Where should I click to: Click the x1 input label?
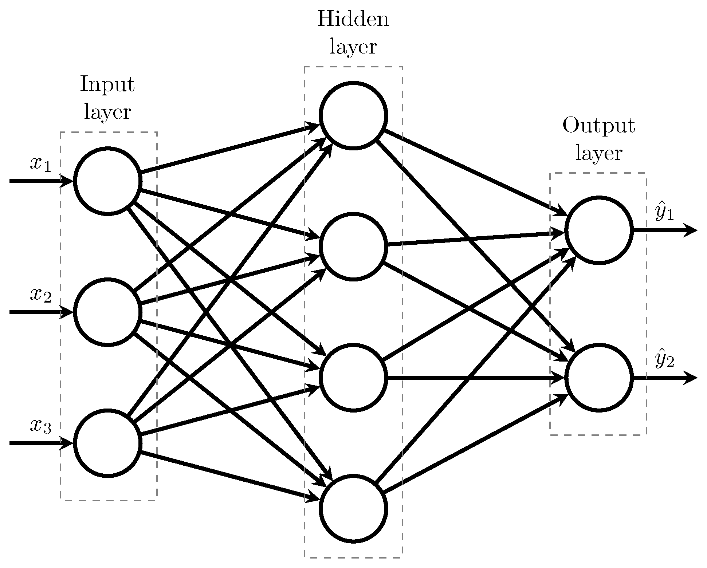tap(40, 165)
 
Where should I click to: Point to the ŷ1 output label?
tap(664, 213)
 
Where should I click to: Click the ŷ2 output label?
tap(664, 360)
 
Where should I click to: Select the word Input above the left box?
tap(107, 84)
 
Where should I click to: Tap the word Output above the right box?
tap(598, 126)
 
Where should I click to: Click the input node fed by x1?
tap(107, 181)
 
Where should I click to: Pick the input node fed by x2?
tap(107, 312)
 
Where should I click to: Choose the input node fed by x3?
tap(107, 443)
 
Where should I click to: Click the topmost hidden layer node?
tap(353, 115)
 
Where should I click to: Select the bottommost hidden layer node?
tap(353, 509)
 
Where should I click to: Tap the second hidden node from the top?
tap(353, 246)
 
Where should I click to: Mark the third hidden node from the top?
tap(353, 378)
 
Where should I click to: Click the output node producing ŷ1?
tap(598, 230)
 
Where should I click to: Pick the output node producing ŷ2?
tap(598, 378)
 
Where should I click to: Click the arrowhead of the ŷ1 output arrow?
tap(691, 230)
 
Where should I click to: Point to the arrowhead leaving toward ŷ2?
tap(691, 378)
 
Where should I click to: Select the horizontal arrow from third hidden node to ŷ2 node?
tap(474, 378)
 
